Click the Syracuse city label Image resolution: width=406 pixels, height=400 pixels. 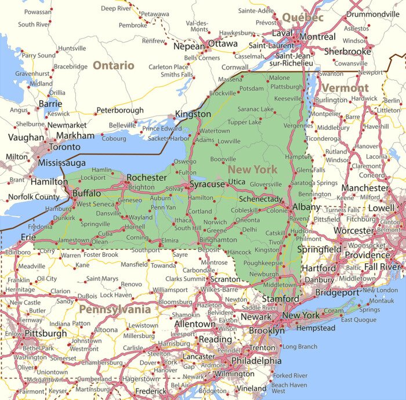pyautogui.click(x=208, y=184)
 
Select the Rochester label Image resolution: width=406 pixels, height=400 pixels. pyautogui.click(x=147, y=177)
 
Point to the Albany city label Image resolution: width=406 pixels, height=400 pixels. pyautogui.click(x=306, y=207)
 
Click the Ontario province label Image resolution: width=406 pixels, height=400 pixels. pyautogui.click(x=114, y=66)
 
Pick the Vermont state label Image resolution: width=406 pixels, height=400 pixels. pyautogui.click(x=345, y=88)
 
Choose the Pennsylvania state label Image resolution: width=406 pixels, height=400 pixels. pyautogui.click(x=115, y=309)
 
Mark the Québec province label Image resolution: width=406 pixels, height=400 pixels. pyautogui.click(x=303, y=18)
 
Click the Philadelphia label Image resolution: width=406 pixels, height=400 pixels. pyautogui.click(x=256, y=361)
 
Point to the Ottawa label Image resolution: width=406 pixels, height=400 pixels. pyautogui.click(x=223, y=44)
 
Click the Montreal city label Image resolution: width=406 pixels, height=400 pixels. pyautogui.click(x=317, y=37)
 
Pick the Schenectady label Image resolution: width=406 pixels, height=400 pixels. pyautogui.click(x=261, y=199)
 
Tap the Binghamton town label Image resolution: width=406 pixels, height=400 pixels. pyautogui.click(x=217, y=239)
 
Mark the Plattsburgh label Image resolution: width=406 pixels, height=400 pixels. pyautogui.click(x=287, y=87)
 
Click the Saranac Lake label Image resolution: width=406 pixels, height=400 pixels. pyautogui.click(x=255, y=109)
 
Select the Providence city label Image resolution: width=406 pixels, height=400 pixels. pyautogui.click(x=367, y=255)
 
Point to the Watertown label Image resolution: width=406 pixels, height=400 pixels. pyautogui.click(x=215, y=131)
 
